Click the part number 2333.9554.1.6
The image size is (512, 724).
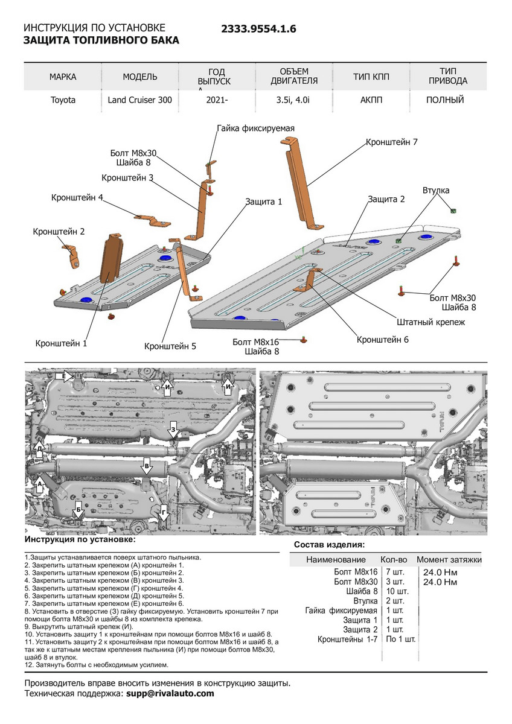pyautogui.click(x=258, y=28)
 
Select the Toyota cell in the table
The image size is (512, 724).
pyautogui.click(x=63, y=100)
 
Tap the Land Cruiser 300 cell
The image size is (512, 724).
pyautogui.click(x=140, y=100)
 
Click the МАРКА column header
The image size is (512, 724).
pyautogui.click(x=63, y=77)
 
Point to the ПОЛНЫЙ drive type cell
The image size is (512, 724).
pyautogui.click(x=444, y=100)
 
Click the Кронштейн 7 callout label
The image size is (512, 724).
pyautogui.click(x=392, y=142)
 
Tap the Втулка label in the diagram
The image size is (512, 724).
pyautogui.click(x=436, y=191)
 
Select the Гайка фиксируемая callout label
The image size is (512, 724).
pyautogui.click(x=255, y=129)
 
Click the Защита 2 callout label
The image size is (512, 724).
pyautogui.click(x=386, y=199)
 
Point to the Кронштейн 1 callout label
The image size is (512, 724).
pyautogui.click(x=61, y=343)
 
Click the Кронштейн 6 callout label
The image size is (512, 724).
pyautogui.click(x=383, y=340)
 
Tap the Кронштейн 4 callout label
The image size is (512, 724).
pyautogui.click(x=77, y=197)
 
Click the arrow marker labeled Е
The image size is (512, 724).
pyautogui.click(x=63, y=376)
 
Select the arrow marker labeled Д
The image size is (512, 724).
pyautogui.click(x=40, y=449)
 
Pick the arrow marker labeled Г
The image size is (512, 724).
pyautogui.click(x=164, y=512)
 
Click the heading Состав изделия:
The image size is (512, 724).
pyautogui.click(x=329, y=545)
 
